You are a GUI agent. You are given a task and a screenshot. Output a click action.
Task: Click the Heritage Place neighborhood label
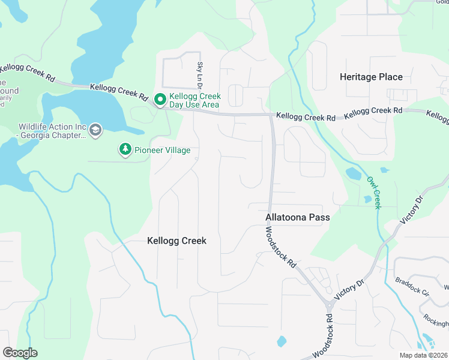371,77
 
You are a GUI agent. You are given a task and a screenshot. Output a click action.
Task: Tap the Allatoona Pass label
298,217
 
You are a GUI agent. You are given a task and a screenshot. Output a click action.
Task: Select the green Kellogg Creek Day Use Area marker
160,100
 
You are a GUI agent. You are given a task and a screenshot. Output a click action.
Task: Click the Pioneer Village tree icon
125,149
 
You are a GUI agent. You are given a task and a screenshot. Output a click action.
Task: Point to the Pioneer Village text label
162,150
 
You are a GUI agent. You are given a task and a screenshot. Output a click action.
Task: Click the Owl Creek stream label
375,192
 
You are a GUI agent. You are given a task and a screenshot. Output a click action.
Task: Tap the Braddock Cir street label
411,287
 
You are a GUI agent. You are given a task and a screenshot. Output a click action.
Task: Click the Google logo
20,352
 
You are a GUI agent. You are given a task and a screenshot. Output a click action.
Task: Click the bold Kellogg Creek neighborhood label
176,241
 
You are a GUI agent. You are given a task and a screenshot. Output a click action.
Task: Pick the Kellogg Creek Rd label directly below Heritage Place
373,112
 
